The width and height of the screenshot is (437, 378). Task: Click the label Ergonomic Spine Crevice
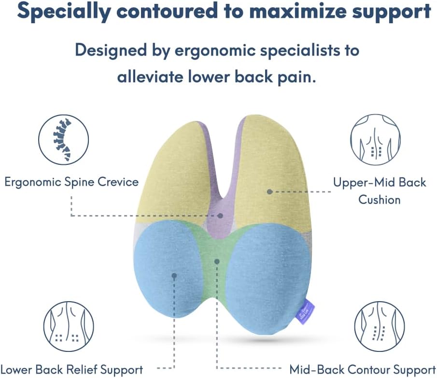(x=71, y=182)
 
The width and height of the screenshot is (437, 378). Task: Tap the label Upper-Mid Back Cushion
(x=380, y=190)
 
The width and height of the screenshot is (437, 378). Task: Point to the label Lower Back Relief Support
(x=72, y=370)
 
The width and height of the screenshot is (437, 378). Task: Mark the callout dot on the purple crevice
(x=220, y=215)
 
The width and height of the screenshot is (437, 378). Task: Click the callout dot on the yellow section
(x=270, y=192)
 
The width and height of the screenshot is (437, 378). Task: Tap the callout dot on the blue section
(x=174, y=276)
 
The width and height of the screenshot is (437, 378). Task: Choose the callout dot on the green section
(x=217, y=261)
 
